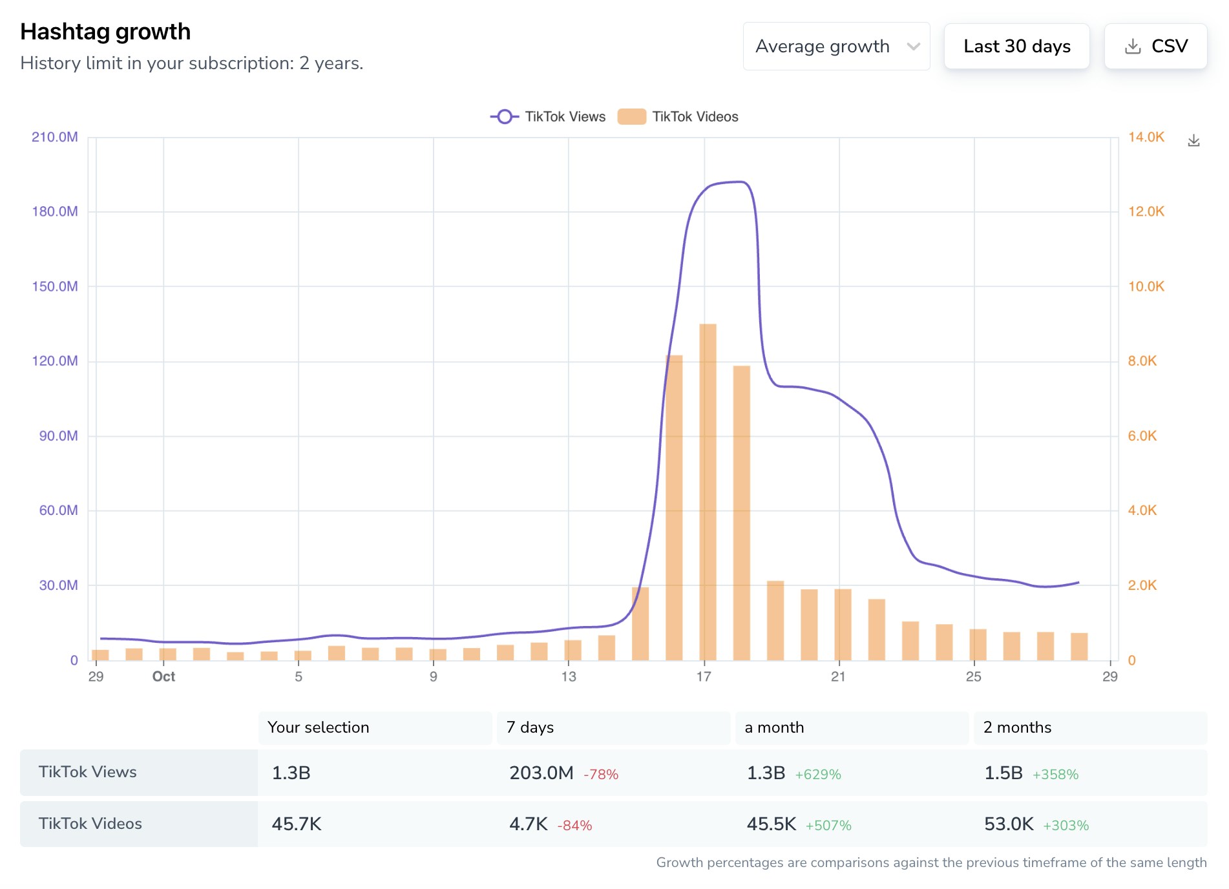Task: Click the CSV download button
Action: click(1155, 47)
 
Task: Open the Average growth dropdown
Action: click(836, 47)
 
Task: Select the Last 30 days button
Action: click(1016, 47)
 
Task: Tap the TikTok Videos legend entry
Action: click(678, 117)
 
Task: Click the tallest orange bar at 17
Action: click(708, 491)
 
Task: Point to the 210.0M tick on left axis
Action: click(55, 137)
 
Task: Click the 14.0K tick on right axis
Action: click(1146, 137)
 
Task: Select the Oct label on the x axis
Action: click(163, 676)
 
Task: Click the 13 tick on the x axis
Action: click(569, 676)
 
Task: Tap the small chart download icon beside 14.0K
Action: click(1193, 141)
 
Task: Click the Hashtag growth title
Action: click(105, 32)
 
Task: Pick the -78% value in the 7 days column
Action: click(601, 774)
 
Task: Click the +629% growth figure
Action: click(817, 774)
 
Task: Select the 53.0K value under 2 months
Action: click(1009, 824)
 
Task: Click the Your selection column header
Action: click(318, 727)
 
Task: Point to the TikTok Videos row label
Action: click(90, 824)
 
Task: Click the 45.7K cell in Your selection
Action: click(297, 824)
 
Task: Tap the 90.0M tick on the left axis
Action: click(58, 436)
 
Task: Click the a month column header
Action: click(774, 727)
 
